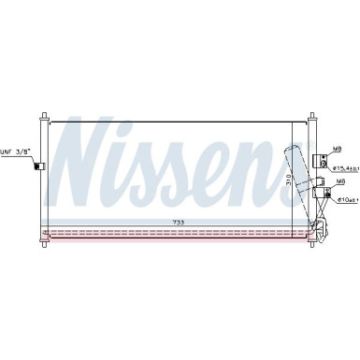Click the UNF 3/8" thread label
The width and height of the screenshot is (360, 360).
[15, 151]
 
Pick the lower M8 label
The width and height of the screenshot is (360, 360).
[341, 181]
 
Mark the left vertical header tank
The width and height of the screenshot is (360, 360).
[43, 178]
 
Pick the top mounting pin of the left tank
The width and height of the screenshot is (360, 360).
[43, 118]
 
